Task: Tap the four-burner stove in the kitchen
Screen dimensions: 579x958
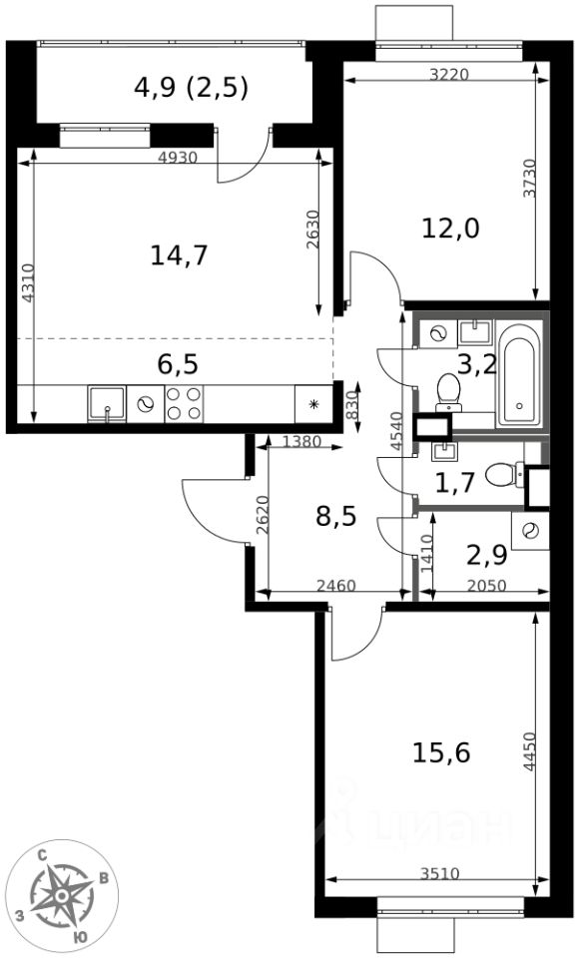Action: coord(184,404)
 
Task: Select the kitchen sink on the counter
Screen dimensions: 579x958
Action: coord(107,404)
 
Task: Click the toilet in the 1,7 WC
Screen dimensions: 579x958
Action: coord(504,474)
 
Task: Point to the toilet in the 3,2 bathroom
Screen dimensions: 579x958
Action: coord(449,391)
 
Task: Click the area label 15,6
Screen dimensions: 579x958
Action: coord(441,752)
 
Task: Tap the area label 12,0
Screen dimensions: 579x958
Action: coord(450,229)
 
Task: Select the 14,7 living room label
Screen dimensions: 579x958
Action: coord(179,254)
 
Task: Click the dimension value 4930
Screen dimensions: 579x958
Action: coord(178,158)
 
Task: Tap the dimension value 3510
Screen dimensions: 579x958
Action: coord(439,874)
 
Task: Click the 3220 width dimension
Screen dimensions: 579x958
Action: coord(449,75)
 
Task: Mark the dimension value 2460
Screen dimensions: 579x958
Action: coord(335,587)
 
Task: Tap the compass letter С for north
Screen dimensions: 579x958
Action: coord(43,855)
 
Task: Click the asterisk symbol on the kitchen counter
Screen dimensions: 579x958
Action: coord(313,404)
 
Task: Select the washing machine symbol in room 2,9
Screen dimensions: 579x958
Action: coord(529,530)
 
